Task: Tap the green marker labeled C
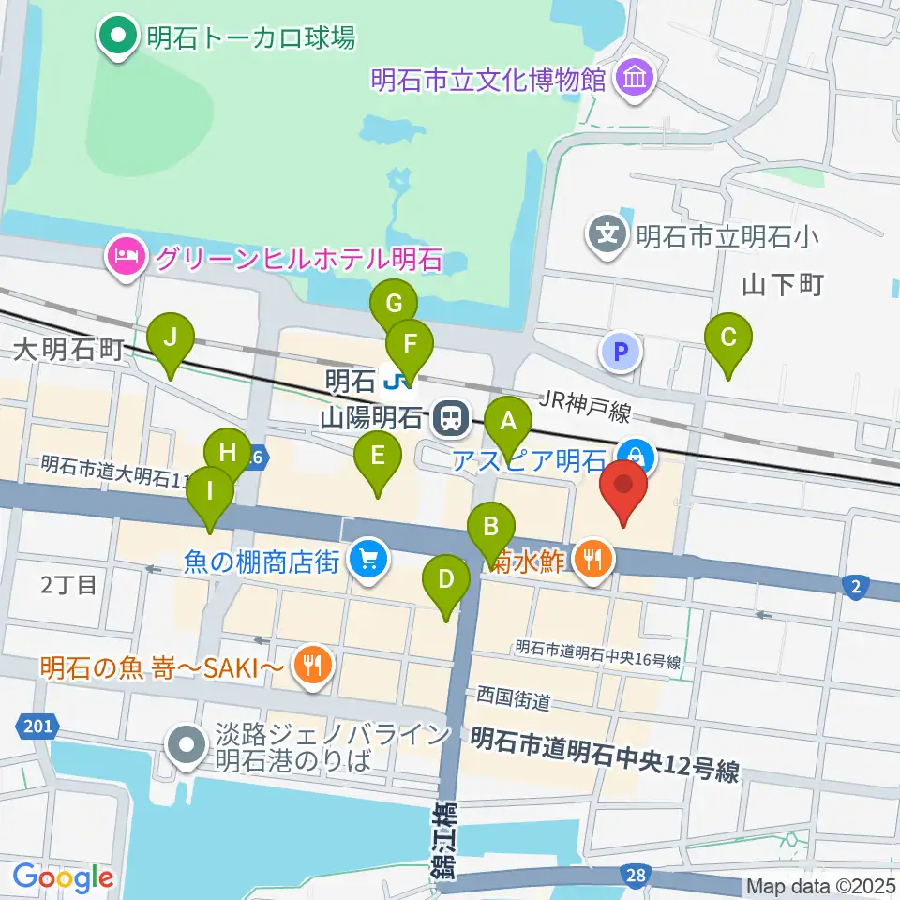pos(728,339)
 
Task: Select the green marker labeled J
pos(170,337)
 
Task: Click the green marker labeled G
pos(394,305)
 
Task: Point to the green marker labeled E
pos(378,457)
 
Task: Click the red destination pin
pos(623,484)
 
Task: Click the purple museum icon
pos(635,79)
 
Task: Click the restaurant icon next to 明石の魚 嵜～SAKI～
pos(310,667)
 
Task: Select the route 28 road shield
pos(636,876)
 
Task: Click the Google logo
pos(64,877)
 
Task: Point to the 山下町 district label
pos(782,284)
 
